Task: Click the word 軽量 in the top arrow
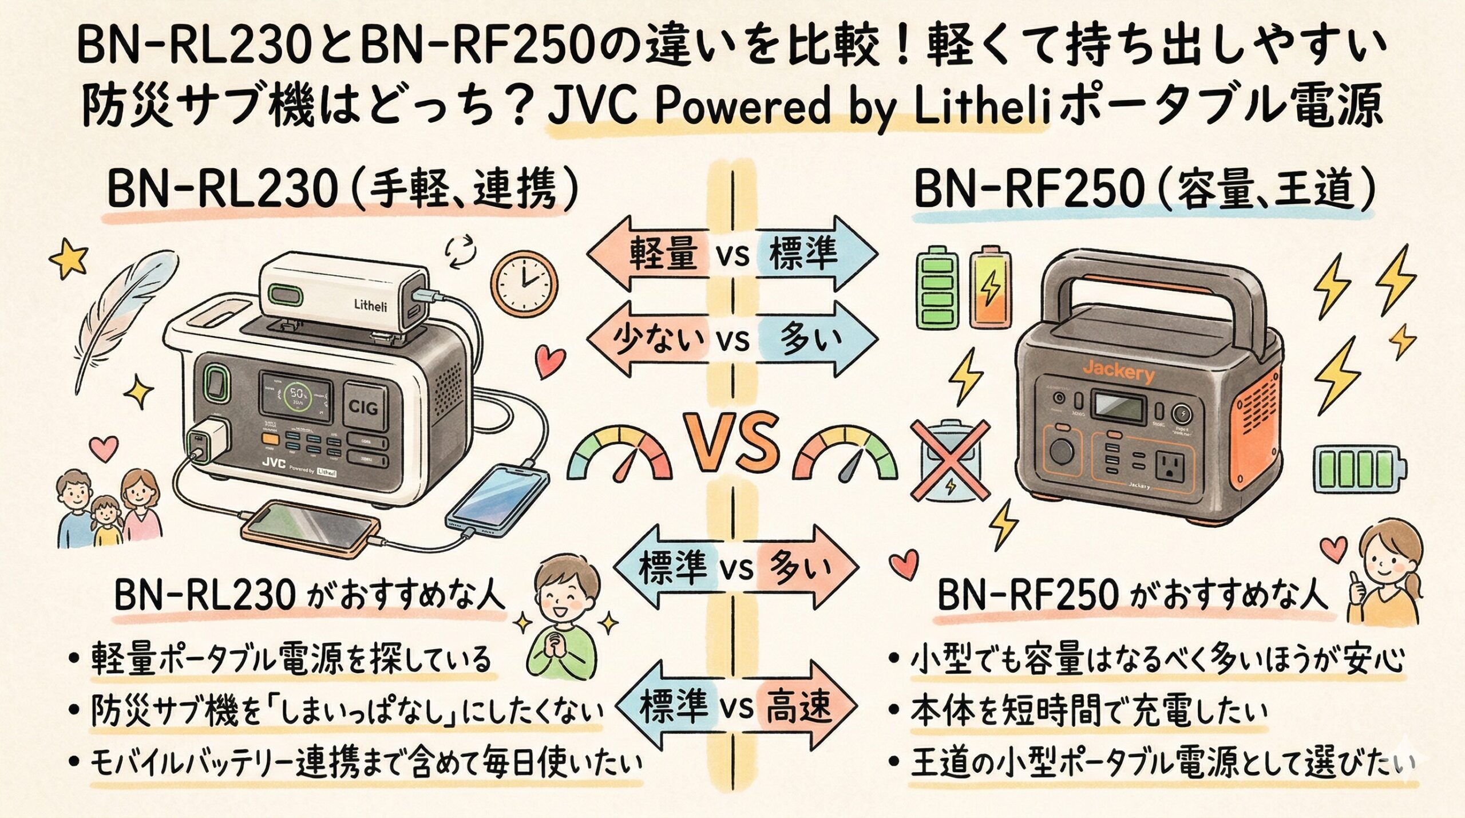[664, 254]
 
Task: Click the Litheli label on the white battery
[370, 306]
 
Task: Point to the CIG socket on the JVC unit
[363, 408]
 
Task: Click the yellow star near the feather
[69, 259]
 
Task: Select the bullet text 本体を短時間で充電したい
[1087, 711]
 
